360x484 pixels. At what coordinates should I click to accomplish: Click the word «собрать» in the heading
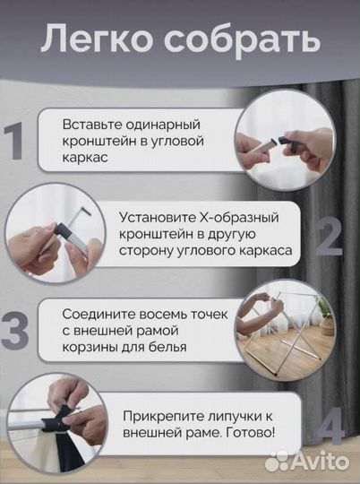(x=236, y=40)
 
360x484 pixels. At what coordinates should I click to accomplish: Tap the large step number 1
(x=15, y=142)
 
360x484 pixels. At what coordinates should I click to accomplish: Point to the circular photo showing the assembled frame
(x=287, y=330)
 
